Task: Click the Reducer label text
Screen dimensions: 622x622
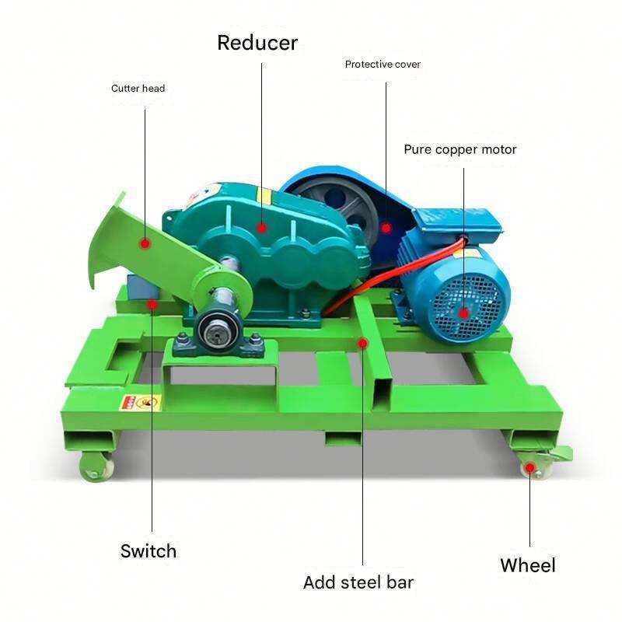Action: [x=257, y=43]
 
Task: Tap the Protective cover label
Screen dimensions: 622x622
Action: [x=383, y=65]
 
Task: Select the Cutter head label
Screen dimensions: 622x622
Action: [x=138, y=88]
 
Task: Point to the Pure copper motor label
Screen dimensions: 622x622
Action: [x=460, y=149]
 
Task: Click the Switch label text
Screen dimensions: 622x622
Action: [x=149, y=551]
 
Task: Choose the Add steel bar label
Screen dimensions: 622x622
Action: [x=358, y=582]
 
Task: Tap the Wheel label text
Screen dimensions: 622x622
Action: [x=528, y=565]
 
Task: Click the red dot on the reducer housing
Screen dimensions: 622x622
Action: [x=261, y=228]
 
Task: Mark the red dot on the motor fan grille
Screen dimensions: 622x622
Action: [x=463, y=313]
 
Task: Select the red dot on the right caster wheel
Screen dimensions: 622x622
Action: [x=529, y=468]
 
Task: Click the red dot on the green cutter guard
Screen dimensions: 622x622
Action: [x=145, y=243]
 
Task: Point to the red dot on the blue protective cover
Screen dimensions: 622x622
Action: [x=386, y=228]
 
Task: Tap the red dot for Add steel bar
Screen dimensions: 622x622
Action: [x=362, y=343]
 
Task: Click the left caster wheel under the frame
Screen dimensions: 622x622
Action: [x=96, y=467]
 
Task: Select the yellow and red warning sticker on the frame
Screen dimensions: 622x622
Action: [x=141, y=403]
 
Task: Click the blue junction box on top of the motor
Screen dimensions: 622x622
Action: [x=456, y=223]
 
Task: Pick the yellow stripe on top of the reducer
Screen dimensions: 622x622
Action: [x=264, y=196]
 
